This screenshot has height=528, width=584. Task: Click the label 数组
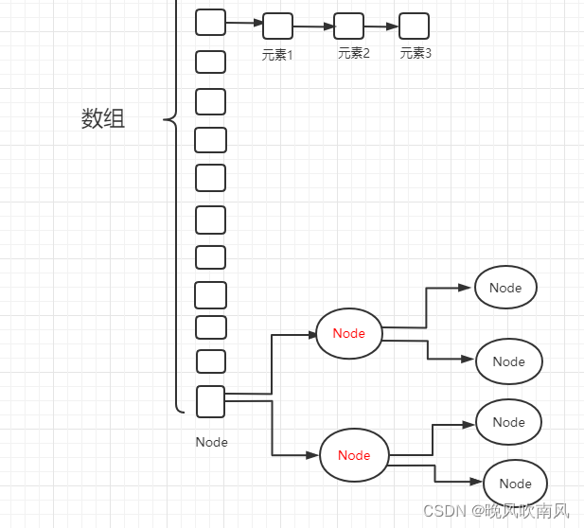tap(103, 119)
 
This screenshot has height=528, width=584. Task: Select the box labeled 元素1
tap(277, 26)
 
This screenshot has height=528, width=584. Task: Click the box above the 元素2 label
tap(348, 26)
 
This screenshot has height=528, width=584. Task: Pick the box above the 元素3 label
tap(414, 26)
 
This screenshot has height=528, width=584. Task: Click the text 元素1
tap(277, 55)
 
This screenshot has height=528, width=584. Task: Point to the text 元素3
tap(416, 54)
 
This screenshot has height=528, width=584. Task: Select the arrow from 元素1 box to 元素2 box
tap(313, 26)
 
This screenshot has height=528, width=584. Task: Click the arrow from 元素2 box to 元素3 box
tap(380, 26)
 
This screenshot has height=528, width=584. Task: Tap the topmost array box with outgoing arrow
tap(210, 22)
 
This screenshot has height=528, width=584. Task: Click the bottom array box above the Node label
tap(210, 401)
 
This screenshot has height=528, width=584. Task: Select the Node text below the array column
tap(211, 442)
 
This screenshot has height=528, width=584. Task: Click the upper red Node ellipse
tap(348, 333)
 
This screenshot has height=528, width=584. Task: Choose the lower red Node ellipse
tap(354, 455)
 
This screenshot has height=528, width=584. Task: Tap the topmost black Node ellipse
tap(505, 288)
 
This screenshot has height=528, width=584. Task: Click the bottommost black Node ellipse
tap(515, 484)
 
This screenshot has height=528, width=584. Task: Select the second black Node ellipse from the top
tap(508, 361)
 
